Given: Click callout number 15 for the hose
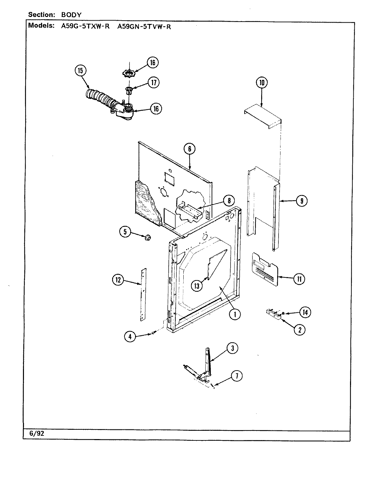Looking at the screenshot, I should tap(81, 71).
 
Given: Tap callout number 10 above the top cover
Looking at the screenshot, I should tap(262, 82).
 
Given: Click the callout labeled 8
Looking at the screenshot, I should tap(229, 201).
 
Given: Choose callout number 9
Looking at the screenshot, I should tap(301, 201).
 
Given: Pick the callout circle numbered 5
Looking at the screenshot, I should tap(125, 232).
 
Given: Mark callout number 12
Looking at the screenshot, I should tap(117, 280).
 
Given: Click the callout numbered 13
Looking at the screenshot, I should tap(197, 285).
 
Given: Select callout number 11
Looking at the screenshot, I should tap(299, 279).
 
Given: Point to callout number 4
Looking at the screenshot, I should tap(130, 337).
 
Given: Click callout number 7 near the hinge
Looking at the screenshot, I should tap(237, 376).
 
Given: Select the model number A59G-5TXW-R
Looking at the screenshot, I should tap(85, 27).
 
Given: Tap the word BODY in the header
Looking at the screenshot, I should tap(71, 15).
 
